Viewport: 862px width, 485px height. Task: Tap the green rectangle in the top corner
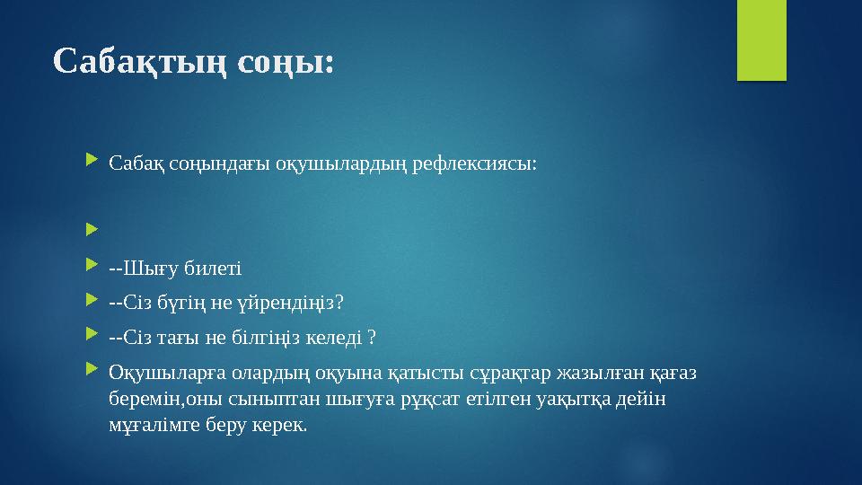761,40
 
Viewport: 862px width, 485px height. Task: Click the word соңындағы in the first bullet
219,163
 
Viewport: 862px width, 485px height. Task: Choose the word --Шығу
144,268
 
